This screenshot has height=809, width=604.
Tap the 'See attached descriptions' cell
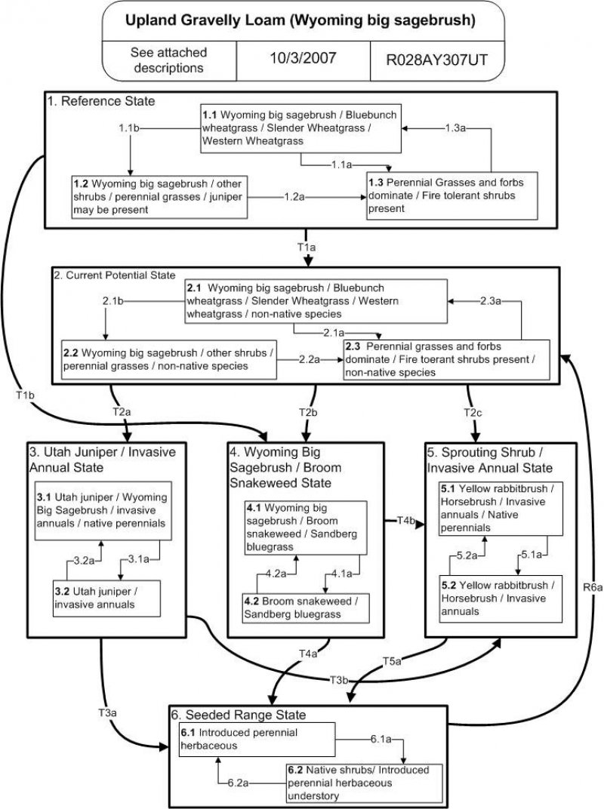tap(169, 60)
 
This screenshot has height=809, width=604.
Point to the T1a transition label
tap(307, 246)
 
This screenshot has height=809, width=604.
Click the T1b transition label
tap(24, 393)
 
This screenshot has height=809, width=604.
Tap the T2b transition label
tap(307, 412)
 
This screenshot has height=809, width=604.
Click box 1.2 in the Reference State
tap(159, 196)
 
